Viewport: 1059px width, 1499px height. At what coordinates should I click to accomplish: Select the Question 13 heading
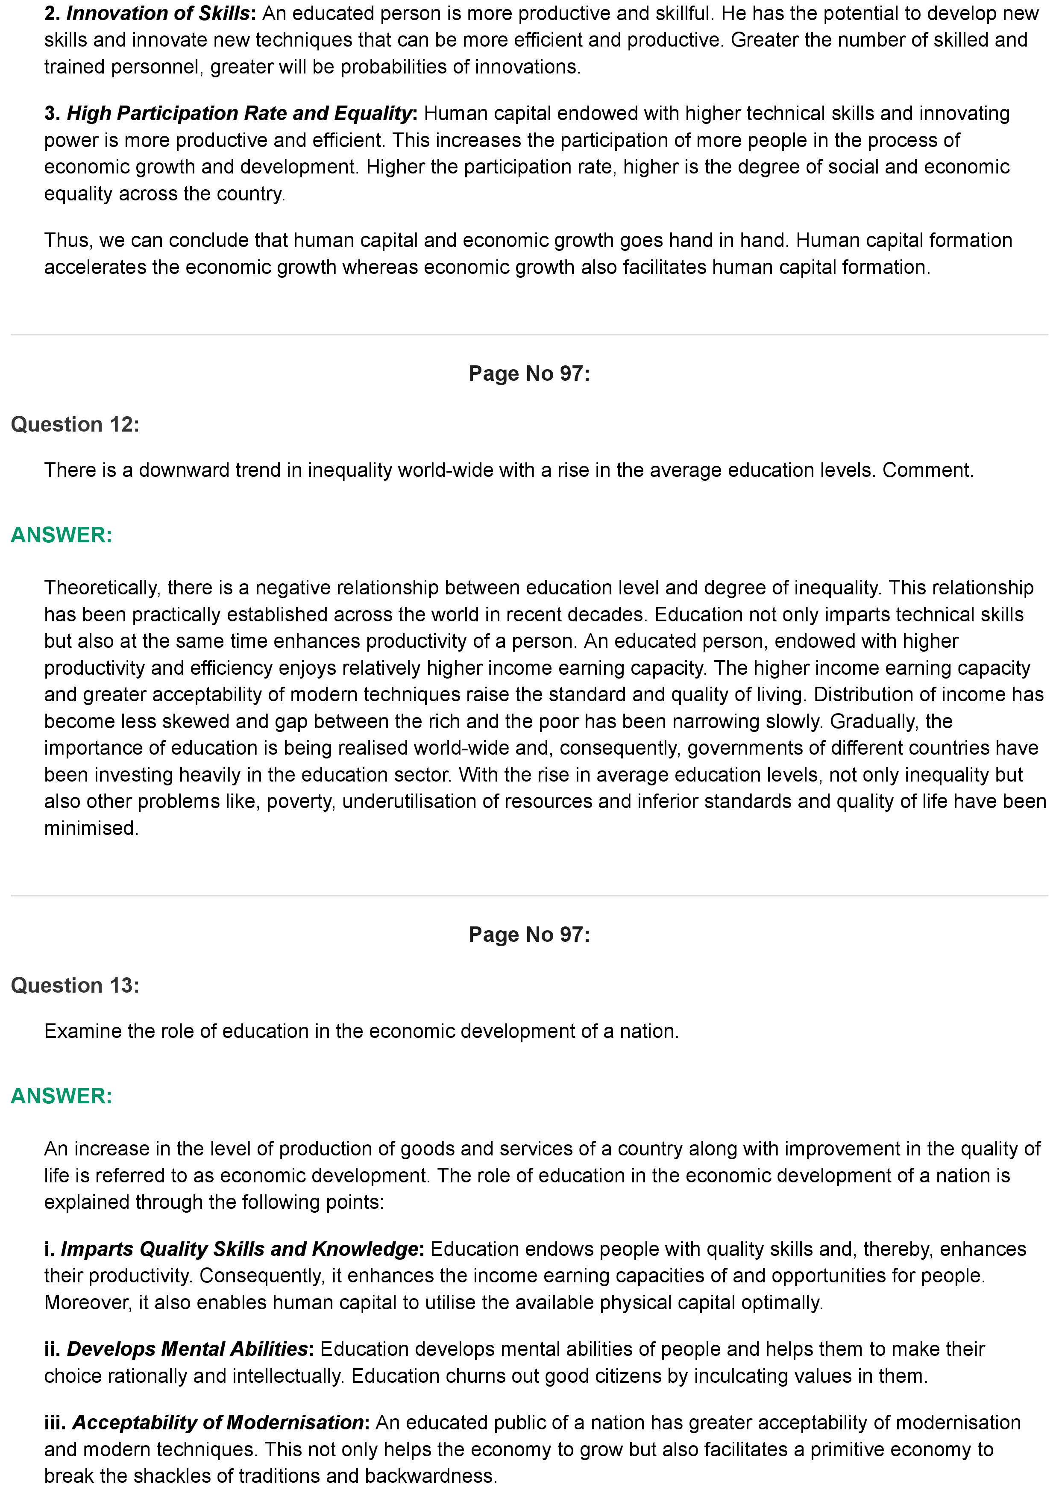(75, 985)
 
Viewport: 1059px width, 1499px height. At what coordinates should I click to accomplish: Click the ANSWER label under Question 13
(62, 1096)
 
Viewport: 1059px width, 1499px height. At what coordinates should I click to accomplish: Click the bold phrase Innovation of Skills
(158, 13)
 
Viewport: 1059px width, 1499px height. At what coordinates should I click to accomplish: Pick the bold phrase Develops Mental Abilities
(187, 1349)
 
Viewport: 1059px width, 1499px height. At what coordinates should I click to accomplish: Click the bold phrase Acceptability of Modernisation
(217, 1423)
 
